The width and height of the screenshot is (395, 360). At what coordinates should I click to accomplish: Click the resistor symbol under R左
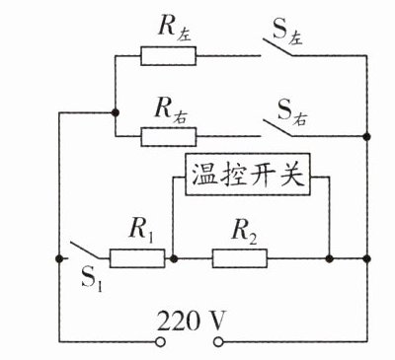click(169, 56)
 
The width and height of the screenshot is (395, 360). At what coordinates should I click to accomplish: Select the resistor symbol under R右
click(169, 137)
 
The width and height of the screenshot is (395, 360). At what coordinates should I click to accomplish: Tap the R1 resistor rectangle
click(137, 258)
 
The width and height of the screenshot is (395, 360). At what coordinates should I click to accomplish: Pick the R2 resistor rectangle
click(240, 258)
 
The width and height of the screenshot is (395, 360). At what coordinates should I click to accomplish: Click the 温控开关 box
click(248, 175)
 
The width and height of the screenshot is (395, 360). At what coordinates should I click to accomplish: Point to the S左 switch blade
click(277, 47)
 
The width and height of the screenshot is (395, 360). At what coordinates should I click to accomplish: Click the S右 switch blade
click(277, 128)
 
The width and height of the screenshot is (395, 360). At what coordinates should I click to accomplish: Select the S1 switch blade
click(85, 251)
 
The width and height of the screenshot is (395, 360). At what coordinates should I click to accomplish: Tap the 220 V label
click(192, 321)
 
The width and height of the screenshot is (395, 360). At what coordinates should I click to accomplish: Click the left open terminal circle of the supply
click(160, 342)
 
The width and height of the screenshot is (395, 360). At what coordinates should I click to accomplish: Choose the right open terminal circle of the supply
click(218, 342)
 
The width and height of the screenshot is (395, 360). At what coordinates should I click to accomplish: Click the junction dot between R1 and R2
click(174, 258)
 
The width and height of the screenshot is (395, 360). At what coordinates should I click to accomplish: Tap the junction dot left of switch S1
click(59, 258)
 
